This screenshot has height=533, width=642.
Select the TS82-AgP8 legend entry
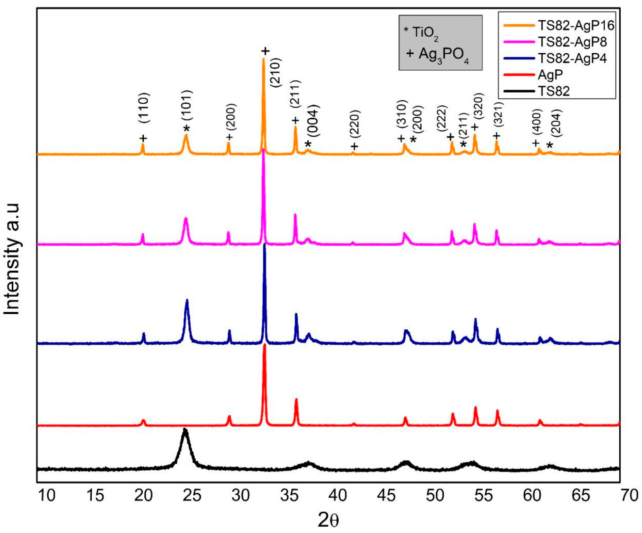click(572, 42)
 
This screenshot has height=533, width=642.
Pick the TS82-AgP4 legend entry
click(572, 58)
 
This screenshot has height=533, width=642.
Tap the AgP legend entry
click(550, 75)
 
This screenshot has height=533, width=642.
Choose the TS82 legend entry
click(553, 91)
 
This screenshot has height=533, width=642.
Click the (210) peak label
click(275, 72)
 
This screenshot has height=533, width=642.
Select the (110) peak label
click(144, 108)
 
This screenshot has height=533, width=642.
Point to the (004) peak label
click(313, 121)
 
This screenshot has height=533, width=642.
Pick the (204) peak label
click(556, 122)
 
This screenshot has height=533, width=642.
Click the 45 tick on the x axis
click(386, 495)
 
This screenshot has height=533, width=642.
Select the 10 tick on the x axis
click(47, 495)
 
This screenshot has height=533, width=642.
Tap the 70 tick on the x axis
click(629, 495)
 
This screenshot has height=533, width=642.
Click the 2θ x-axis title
click(328, 520)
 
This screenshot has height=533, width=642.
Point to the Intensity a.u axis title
click(12, 259)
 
